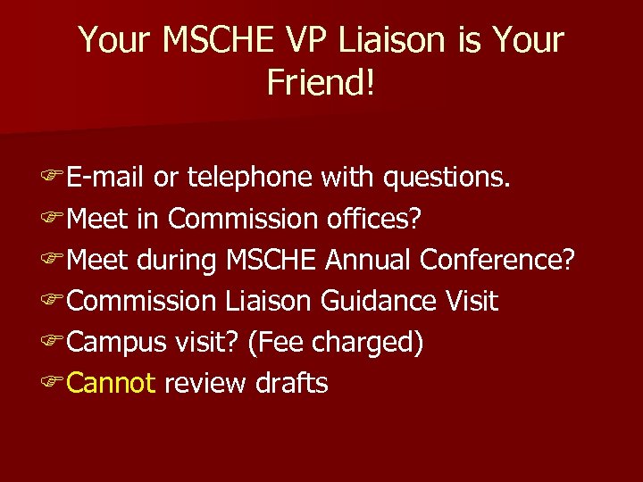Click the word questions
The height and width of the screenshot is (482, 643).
[x=447, y=178]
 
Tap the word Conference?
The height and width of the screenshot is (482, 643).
[x=497, y=260]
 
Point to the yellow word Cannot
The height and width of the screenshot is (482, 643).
[x=112, y=383]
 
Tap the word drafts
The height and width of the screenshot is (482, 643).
[x=292, y=383]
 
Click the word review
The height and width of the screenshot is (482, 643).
[x=205, y=383]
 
